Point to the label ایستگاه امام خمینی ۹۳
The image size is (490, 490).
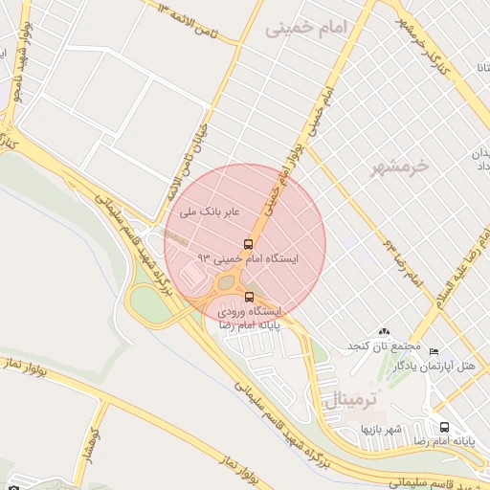coord(248,258)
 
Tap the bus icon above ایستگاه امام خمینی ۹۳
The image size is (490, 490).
coord(249,244)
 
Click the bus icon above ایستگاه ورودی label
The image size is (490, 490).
coord(250,298)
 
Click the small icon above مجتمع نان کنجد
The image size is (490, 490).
coord(385,330)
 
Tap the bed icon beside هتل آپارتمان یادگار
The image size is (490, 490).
coord(434,353)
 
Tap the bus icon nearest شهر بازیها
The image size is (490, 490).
coord(444,427)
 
